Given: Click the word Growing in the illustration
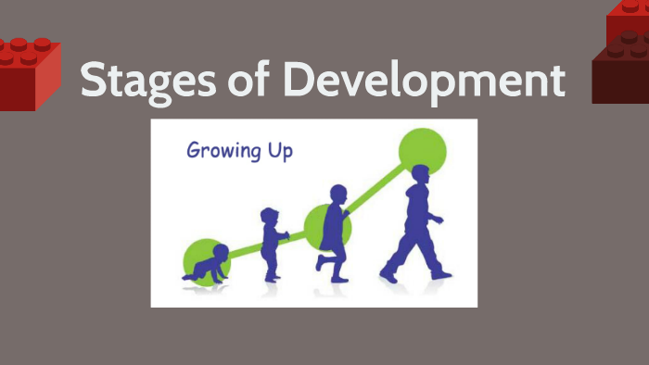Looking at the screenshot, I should click(x=223, y=150).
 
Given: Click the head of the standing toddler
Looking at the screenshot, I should click(x=270, y=217).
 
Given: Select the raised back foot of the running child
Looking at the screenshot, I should click(x=319, y=262).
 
